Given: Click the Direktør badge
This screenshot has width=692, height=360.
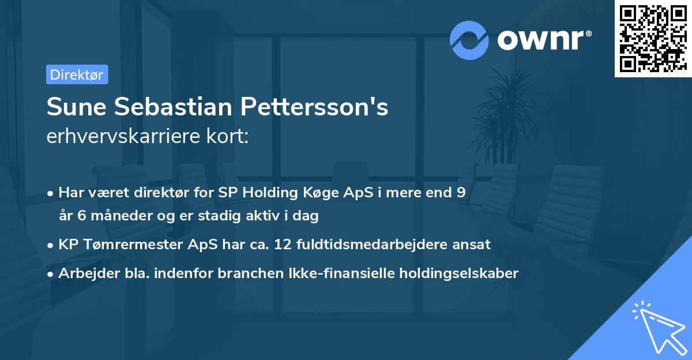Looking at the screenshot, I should click(x=77, y=74).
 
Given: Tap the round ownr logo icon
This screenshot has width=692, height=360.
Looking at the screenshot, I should click(x=469, y=40).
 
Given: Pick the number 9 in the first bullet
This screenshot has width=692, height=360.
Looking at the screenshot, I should click(x=461, y=193).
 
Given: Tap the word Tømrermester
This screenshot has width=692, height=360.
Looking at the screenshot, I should click(x=130, y=245).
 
